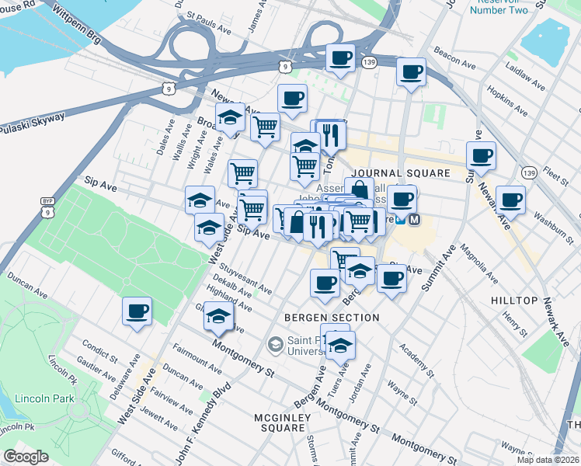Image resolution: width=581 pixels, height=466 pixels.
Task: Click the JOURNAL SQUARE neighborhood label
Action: [x=400, y=173]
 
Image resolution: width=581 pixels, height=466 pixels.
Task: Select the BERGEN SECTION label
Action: [x=332, y=318]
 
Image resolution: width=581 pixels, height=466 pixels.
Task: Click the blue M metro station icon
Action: [x=414, y=220]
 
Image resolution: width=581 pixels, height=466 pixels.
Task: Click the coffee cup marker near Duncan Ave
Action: [x=137, y=311]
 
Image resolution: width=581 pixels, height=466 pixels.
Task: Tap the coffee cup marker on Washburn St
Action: [x=510, y=200]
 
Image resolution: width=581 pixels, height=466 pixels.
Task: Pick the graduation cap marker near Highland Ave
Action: [x=219, y=316]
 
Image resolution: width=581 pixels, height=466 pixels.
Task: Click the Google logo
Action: [x=26, y=457]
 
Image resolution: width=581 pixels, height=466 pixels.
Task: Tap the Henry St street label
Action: [x=515, y=326]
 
